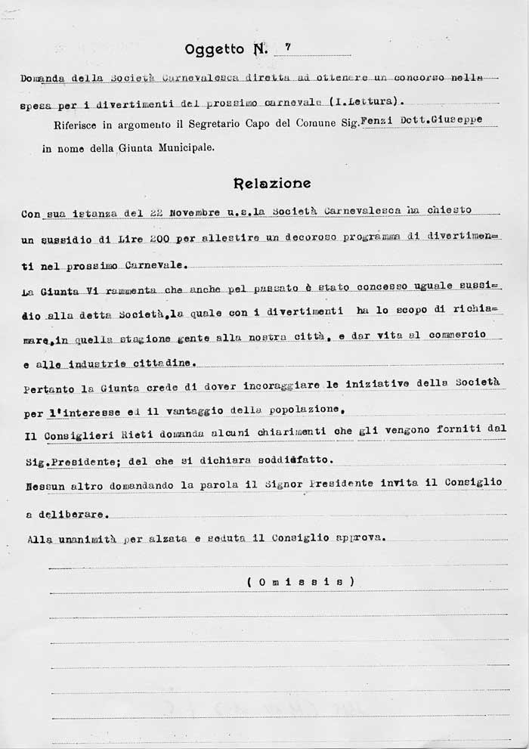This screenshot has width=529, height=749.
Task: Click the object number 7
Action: [x=288, y=47]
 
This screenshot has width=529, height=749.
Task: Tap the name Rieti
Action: [x=124, y=434]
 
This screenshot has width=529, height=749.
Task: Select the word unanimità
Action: [x=83, y=540]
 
